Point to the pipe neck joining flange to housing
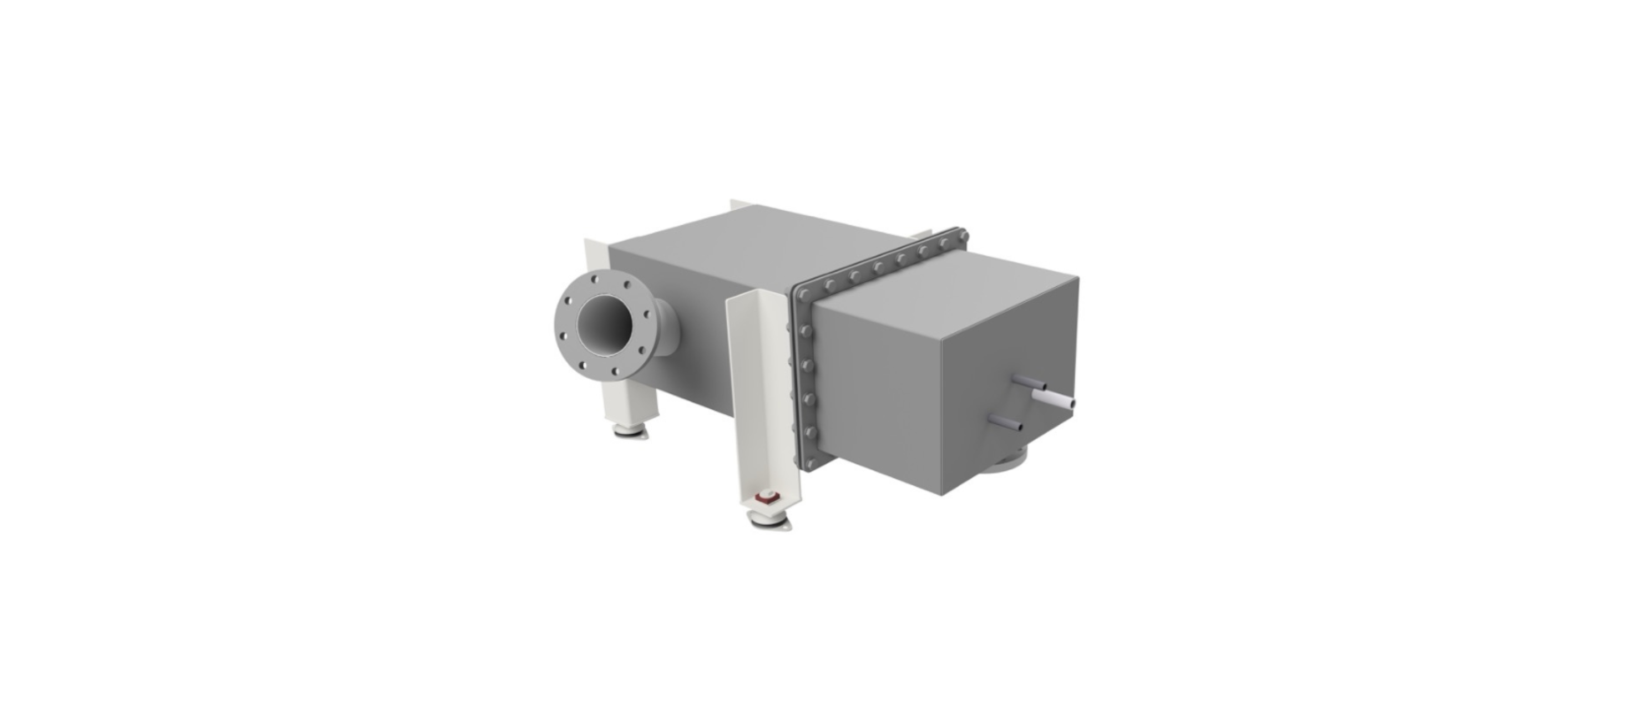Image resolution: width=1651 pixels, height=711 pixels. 664,333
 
